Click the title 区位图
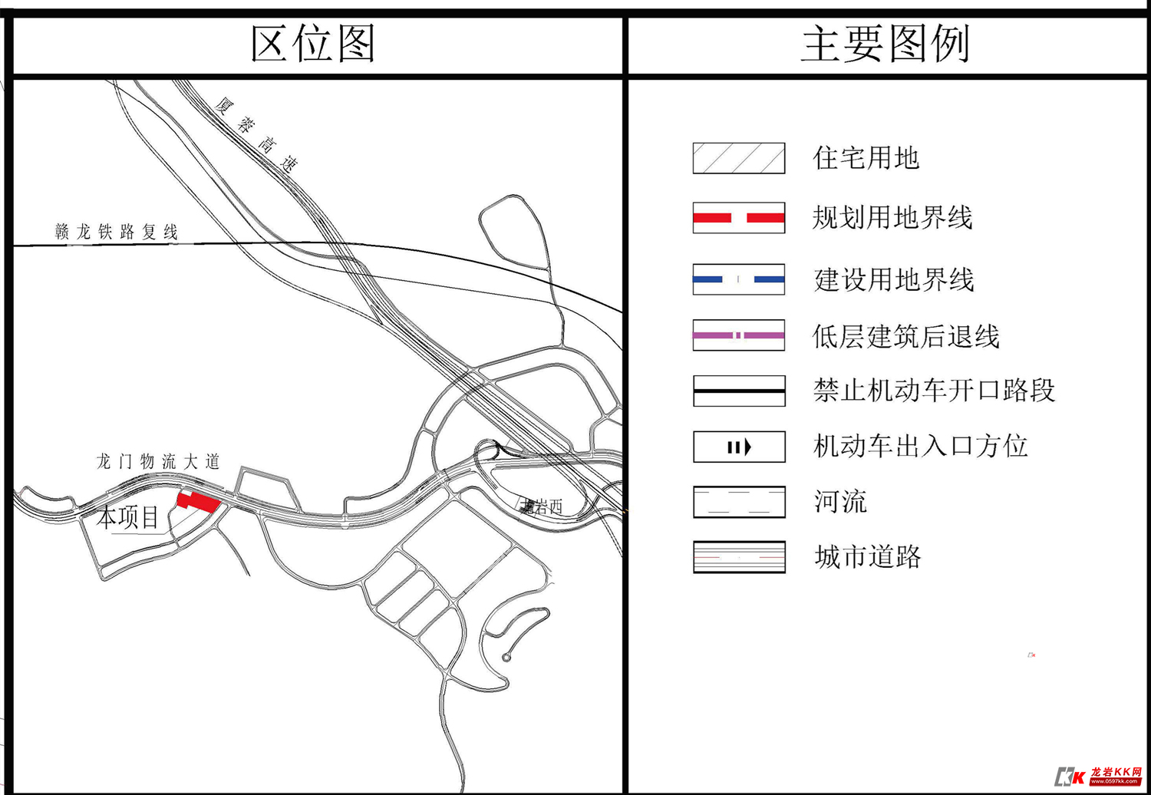(x=313, y=44)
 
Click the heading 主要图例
(x=886, y=44)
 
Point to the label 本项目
(x=128, y=517)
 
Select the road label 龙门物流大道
(x=158, y=461)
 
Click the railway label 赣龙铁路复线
(x=117, y=232)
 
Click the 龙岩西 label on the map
(x=542, y=506)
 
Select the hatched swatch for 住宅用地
(x=738, y=158)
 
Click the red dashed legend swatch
(x=738, y=218)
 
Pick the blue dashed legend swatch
(x=738, y=279)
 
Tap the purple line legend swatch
(x=738, y=335)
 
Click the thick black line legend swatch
(x=738, y=391)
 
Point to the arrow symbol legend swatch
(x=738, y=447)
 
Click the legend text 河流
(x=840, y=502)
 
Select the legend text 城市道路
(x=867, y=557)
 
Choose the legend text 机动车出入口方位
(x=920, y=446)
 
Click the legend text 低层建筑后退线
(x=905, y=336)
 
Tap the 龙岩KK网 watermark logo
(x=1099, y=775)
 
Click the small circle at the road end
(x=506, y=658)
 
